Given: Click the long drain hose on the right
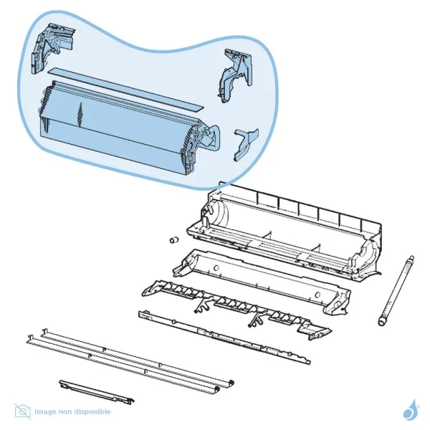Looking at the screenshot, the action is pos(396,291).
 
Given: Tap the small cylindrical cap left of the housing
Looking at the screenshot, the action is pos(174,240).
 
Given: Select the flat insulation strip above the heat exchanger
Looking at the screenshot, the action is pos(126,90).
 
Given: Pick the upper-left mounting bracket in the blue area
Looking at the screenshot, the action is pos(52,49).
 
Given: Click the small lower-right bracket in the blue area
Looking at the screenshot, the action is pos(245,145).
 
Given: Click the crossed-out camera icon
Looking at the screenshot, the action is pos(23,411).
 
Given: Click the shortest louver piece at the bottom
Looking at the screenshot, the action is pos(97,392).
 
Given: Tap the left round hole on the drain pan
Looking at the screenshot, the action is pos(216,267).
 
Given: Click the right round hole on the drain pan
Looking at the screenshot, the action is pos(317,295).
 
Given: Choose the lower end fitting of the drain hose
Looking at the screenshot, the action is pos(382,321).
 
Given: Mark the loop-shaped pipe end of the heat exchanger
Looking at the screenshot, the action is pos(212,138).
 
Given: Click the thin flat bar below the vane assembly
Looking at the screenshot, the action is pos(224,337).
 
